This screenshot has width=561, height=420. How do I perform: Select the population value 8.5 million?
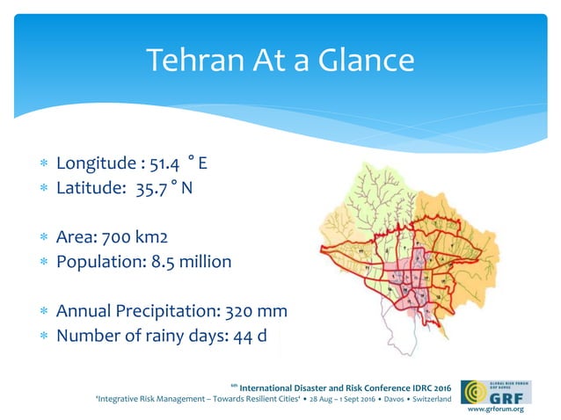click(x=184, y=261)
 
